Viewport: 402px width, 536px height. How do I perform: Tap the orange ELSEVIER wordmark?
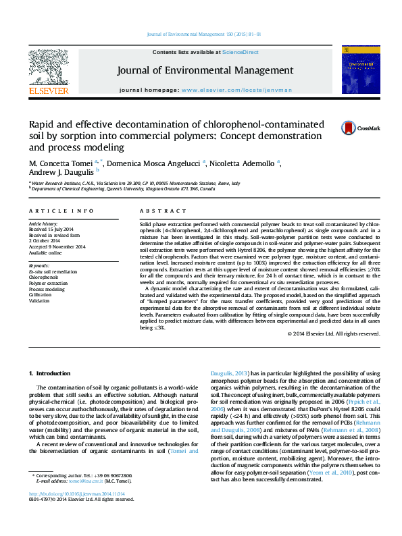pyautogui.click(x=48, y=90)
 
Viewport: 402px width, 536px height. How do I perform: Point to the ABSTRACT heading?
pyautogui.click(x=153, y=211)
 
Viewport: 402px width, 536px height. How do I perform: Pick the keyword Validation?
pyautogui.click(x=39, y=300)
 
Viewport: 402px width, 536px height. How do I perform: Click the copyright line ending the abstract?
pyautogui.click(x=333, y=333)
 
